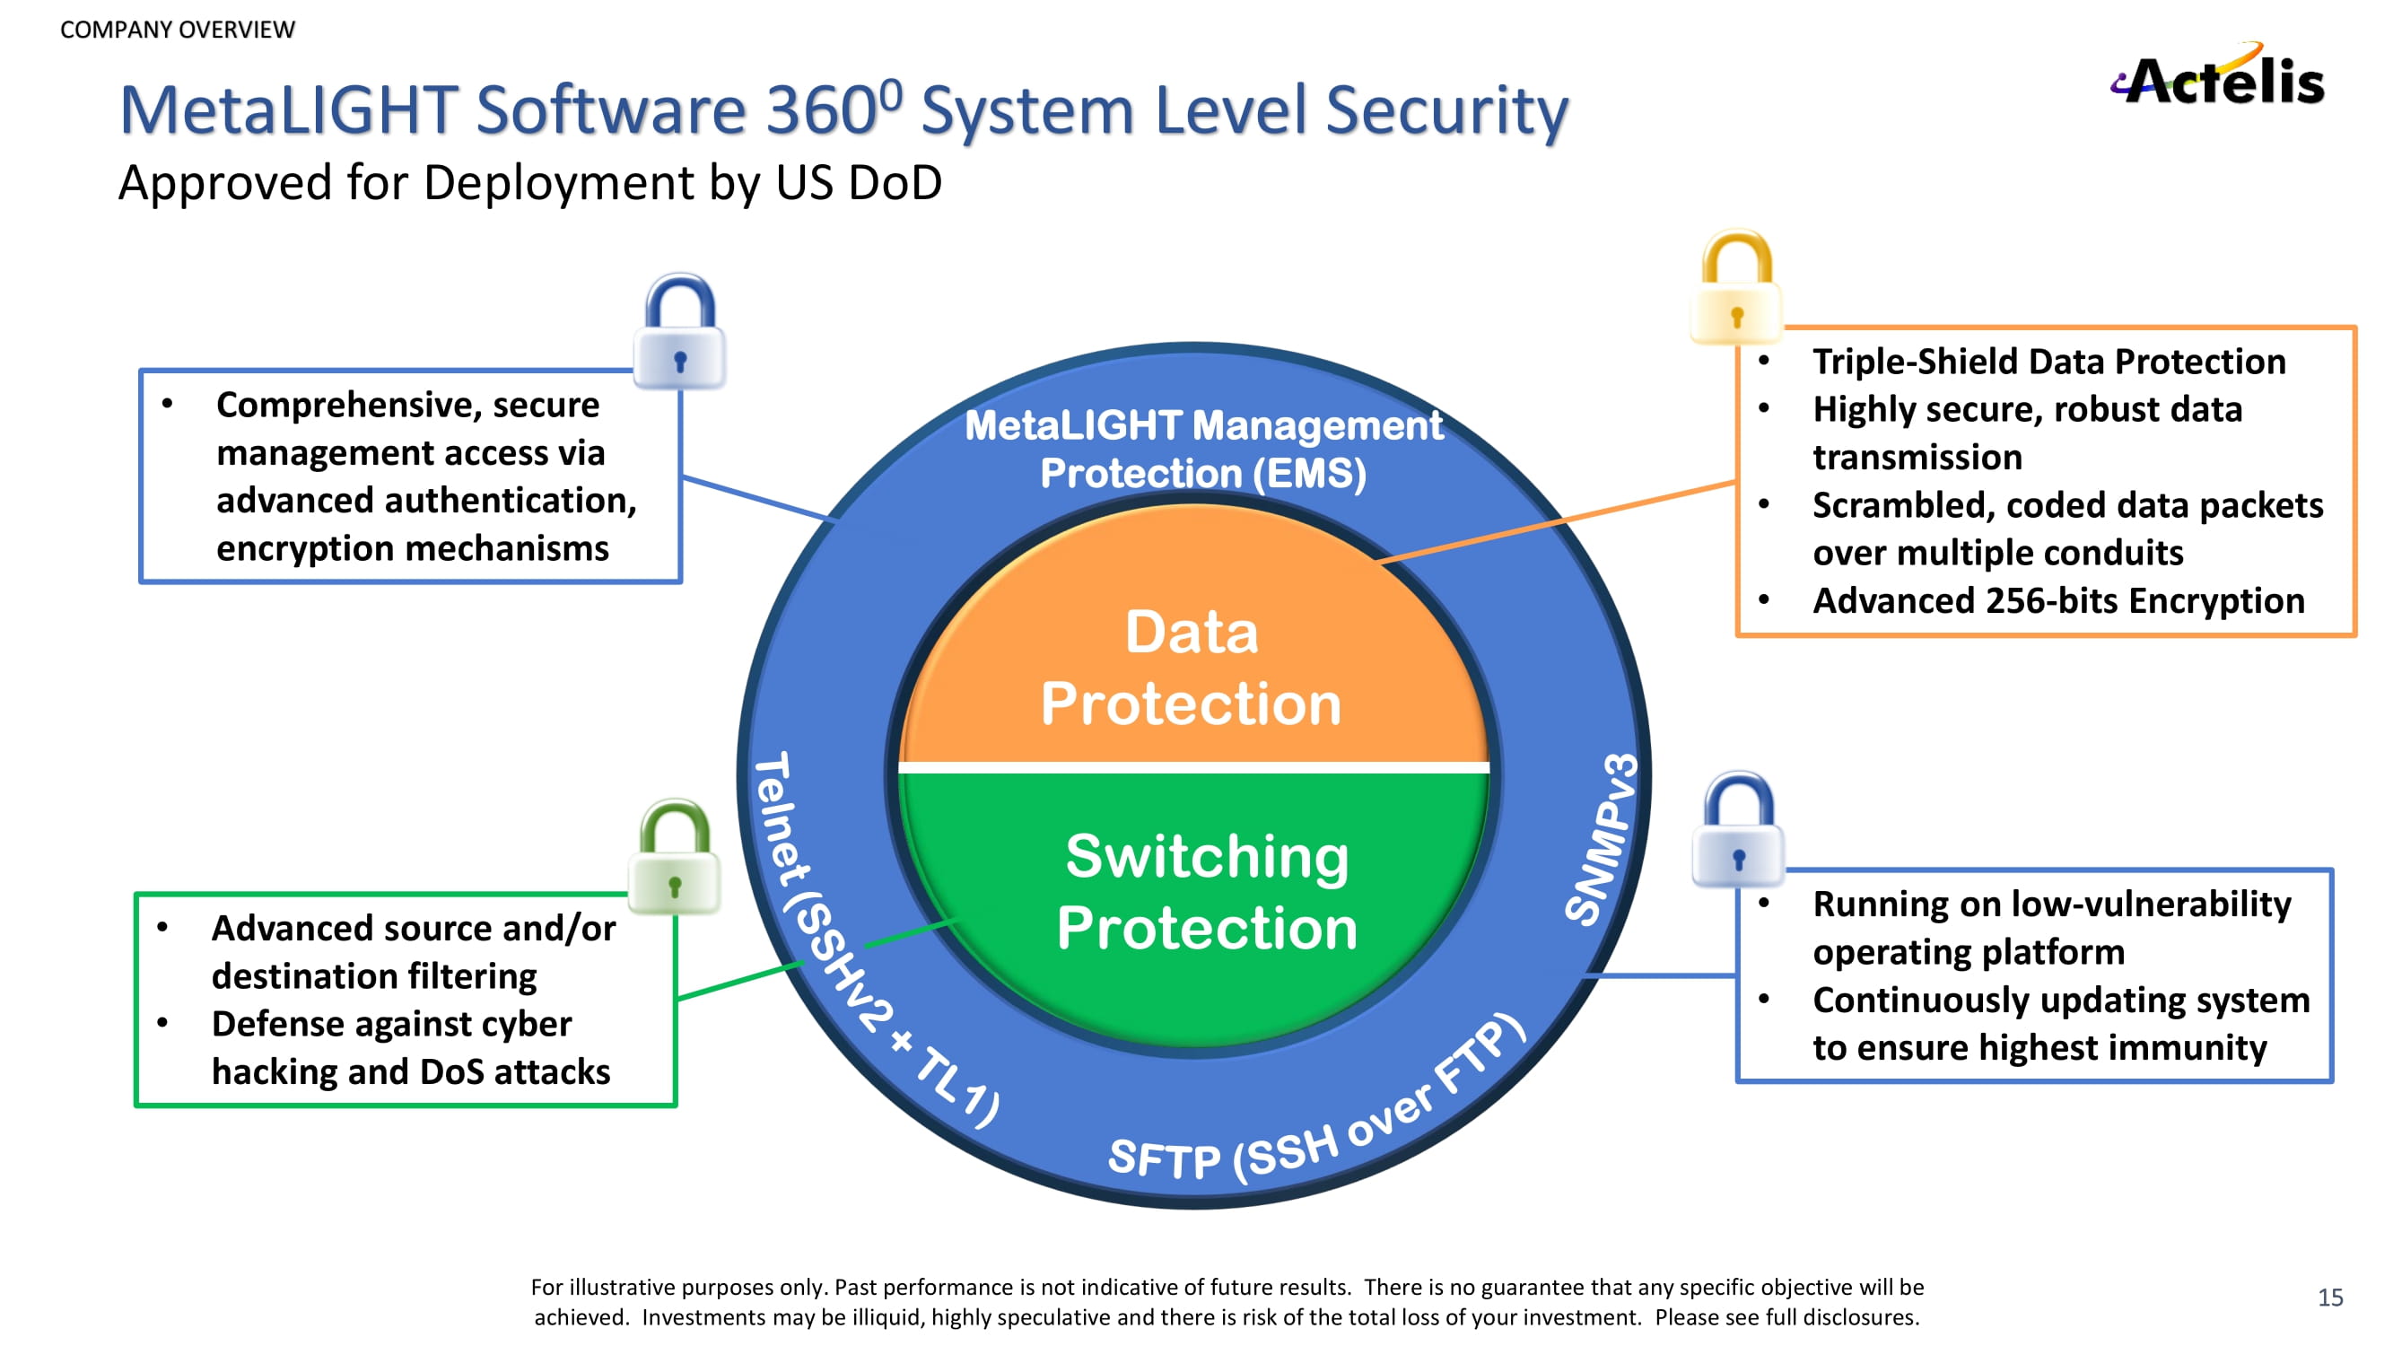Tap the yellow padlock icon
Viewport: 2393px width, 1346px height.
coord(1736,287)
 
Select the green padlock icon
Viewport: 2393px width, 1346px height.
coord(675,856)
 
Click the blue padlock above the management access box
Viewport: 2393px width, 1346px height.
coord(679,332)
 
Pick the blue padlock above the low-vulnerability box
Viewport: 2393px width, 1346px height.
coord(1738,830)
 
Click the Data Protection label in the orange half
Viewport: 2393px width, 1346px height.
coord(1192,667)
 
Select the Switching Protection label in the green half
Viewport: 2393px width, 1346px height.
coord(1206,891)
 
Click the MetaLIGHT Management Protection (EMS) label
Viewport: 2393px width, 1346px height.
coord(1203,450)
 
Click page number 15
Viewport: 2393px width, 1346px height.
coord(2330,1297)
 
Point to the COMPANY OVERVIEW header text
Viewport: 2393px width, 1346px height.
coord(178,30)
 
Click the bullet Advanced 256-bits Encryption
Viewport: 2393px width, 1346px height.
coord(2057,601)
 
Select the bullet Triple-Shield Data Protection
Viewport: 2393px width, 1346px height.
coord(2048,362)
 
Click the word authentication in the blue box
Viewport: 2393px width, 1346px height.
coord(504,501)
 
